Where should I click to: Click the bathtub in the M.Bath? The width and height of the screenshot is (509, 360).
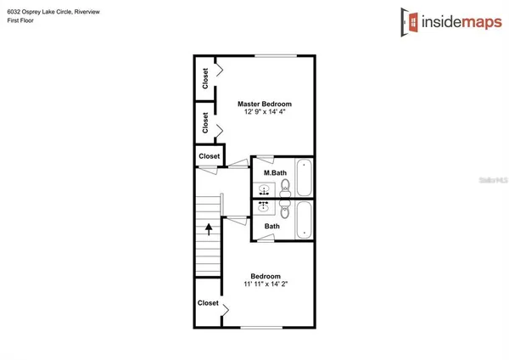(305, 178)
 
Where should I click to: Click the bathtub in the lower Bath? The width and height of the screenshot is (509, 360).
(305, 221)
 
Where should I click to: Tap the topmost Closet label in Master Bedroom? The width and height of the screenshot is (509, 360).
(206, 79)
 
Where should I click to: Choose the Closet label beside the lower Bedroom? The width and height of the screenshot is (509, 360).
(208, 303)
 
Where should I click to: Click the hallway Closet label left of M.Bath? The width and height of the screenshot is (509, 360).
(209, 156)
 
